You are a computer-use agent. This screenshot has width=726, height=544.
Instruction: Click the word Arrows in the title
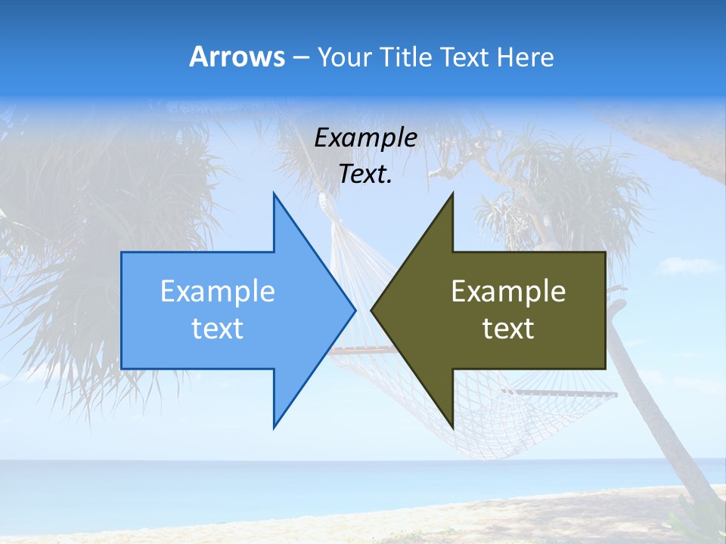pyautogui.click(x=237, y=57)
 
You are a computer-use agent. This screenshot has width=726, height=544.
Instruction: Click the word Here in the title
pyautogui.click(x=525, y=57)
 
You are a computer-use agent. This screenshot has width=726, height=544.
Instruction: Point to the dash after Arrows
pyautogui.click(x=300, y=58)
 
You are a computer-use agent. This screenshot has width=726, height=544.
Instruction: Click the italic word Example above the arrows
pyautogui.click(x=365, y=138)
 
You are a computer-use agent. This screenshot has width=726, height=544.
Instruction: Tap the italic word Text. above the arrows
pyautogui.click(x=365, y=175)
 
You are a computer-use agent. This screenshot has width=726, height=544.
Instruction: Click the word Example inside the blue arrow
pyautogui.click(x=218, y=292)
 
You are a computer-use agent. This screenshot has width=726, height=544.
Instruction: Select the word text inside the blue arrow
pyautogui.click(x=218, y=329)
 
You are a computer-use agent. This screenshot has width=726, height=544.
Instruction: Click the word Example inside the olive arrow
pyautogui.click(x=508, y=292)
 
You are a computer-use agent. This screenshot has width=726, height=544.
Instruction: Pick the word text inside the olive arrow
pyautogui.click(x=508, y=329)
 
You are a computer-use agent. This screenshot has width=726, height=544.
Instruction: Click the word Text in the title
pyautogui.click(x=464, y=57)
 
